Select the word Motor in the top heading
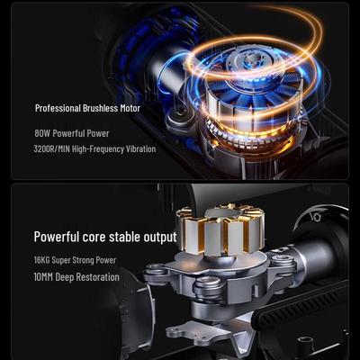pos(130,108)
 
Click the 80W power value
pos(42,133)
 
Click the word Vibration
pos(141,148)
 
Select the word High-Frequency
pos(98,149)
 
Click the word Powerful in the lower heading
pos(56,237)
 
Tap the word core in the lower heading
pos(94,238)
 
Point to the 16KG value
pos(41,260)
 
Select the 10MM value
pos(43,277)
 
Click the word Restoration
pos(96,277)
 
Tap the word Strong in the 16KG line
pos(82,260)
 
